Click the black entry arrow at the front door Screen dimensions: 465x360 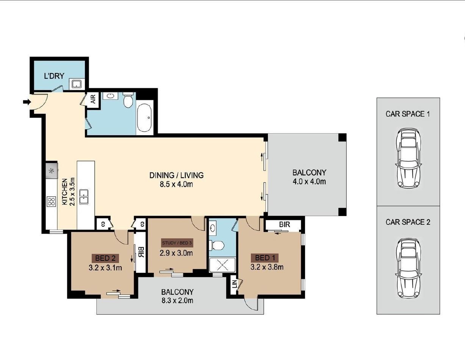coord(27,102)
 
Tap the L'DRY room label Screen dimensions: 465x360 coord(54,76)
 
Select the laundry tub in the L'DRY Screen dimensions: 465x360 coord(77,84)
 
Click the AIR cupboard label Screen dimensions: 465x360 coord(93,99)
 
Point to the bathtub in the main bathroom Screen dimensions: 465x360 coord(144,117)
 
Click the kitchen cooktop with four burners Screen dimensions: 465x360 coord(52,202)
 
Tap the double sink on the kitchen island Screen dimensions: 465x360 coord(84,197)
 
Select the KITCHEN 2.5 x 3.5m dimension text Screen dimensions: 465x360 coord(68,192)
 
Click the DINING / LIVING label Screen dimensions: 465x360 coord(176,175)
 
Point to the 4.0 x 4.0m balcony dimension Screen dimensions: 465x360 coord(309,182)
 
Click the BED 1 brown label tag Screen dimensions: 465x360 coord(265,258)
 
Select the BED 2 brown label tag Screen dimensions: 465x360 coord(105,258)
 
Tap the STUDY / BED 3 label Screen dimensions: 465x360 coord(177,243)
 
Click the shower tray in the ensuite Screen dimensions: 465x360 coord(222,265)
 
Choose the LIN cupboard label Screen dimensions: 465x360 coord(235,284)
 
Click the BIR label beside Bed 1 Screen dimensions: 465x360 coord(284,224)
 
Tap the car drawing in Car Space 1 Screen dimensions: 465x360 coord(408,158)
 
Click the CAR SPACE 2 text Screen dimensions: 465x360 coord(408,222)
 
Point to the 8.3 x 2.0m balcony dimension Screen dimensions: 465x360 coord(177,301)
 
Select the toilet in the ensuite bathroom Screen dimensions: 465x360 coord(217,245)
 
